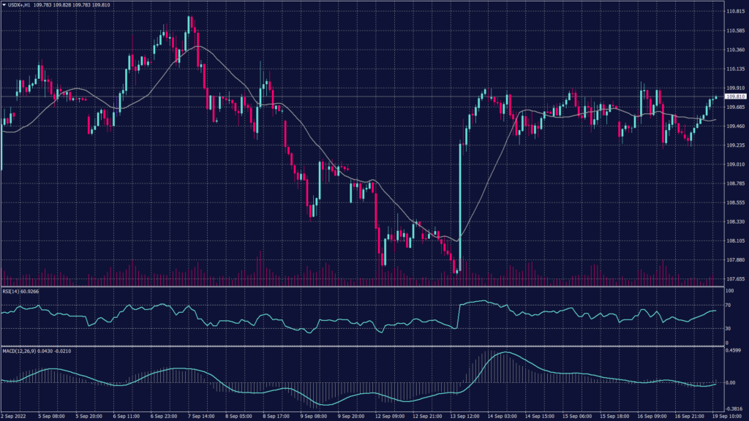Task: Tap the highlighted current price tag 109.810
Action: coord(735,96)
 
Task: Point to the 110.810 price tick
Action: coord(734,12)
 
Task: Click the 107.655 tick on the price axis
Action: coord(734,278)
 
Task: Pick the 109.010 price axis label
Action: coord(734,164)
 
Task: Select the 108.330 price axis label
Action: coord(734,221)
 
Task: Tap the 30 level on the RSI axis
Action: coord(729,328)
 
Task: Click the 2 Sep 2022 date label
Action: coord(14,416)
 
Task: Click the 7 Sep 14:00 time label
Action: coord(201,416)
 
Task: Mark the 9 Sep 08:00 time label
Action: coord(314,416)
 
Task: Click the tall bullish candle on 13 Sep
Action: coord(460,205)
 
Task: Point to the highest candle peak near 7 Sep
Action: coord(189,18)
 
